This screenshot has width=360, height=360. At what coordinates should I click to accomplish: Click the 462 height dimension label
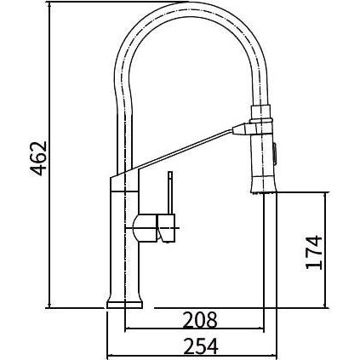(38, 158)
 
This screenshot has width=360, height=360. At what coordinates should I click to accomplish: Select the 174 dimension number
(314, 253)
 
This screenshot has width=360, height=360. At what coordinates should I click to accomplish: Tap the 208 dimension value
(200, 320)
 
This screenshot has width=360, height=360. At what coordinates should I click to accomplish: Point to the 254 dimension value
(201, 346)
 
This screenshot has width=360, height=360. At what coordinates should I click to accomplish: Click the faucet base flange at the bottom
(124, 305)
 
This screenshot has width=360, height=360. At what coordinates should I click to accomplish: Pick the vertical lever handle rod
(170, 192)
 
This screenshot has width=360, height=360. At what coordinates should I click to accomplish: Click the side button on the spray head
(275, 153)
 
